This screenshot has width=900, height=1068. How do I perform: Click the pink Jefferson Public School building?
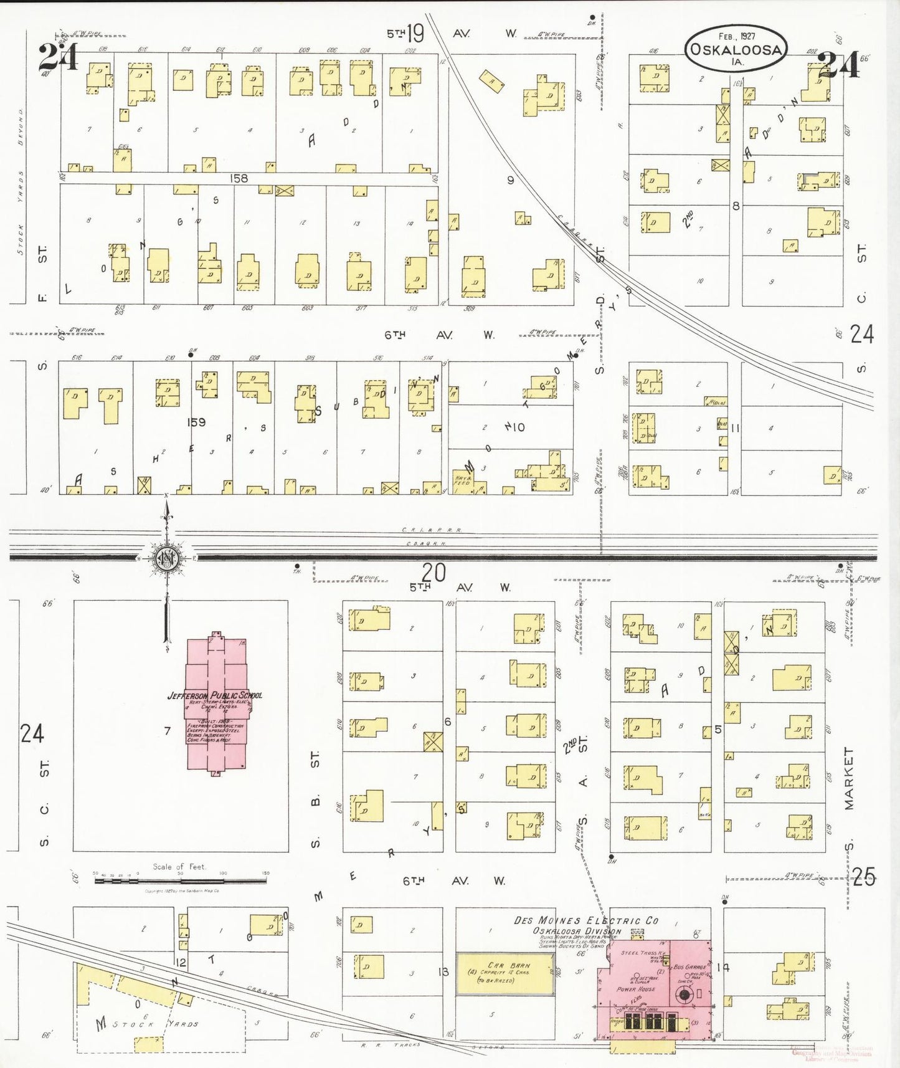[216, 704]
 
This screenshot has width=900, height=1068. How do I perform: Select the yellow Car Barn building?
[505, 973]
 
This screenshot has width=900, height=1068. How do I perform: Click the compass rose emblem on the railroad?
[167, 558]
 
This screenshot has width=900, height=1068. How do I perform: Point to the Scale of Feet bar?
[181, 880]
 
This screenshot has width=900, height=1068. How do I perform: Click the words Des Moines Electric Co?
[586, 920]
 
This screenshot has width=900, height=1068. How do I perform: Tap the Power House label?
[635, 989]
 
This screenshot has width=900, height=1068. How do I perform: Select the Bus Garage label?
[689, 966]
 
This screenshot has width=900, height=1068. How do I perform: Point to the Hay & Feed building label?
[463, 480]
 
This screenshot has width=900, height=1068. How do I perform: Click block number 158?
[239, 178]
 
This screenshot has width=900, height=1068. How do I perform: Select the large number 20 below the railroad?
[433, 571]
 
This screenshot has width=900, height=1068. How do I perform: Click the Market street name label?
[849, 778]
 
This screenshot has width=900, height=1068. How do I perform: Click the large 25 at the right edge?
[863, 877]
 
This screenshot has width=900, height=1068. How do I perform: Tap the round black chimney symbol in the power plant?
[684, 994]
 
